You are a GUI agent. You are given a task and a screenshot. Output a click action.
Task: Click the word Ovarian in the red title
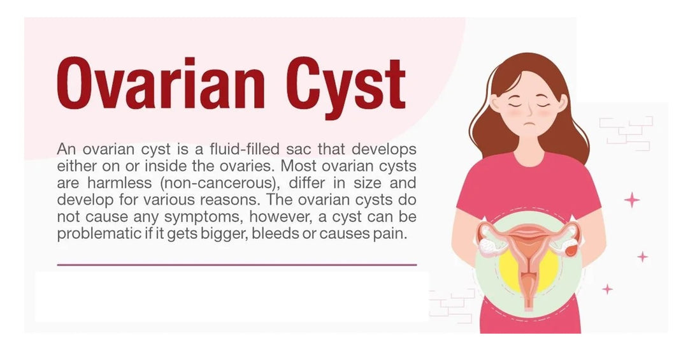click(161, 83)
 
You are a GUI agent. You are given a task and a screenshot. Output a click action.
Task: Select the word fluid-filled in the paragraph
click(245, 149)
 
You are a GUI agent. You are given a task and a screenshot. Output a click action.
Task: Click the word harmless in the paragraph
click(119, 183)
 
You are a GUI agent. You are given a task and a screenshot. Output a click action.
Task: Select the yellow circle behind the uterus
click(528, 268)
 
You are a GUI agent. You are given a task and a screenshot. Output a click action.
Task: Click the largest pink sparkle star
click(632, 200)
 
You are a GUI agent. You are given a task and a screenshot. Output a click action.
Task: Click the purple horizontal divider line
click(237, 264)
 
